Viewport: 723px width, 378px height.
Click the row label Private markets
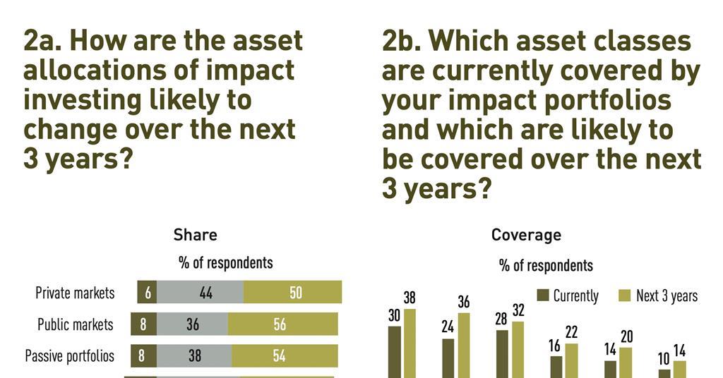coord(75,293)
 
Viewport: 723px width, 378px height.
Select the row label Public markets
coord(75,324)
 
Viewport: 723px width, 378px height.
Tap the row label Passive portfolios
coord(70,355)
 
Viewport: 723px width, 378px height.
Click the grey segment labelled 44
coord(200,293)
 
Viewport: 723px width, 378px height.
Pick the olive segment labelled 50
coord(292,293)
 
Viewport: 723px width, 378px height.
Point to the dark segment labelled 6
coord(147,293)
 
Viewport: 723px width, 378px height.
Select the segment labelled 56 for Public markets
coord(282,324)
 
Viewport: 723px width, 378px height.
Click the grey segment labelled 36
coord(192,324)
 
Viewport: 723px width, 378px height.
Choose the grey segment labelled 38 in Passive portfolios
coord(194,355)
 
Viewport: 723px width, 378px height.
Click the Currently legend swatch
coord(543,295)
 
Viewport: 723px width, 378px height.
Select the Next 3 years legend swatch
coord(625,295)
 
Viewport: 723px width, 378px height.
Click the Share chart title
coord(195,235)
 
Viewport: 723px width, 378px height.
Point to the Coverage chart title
coord(526,235)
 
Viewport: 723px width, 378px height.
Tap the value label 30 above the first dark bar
coord(395,316)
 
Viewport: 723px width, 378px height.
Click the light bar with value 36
coord(463,346)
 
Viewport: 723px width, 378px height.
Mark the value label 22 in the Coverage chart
coord(571,332)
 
